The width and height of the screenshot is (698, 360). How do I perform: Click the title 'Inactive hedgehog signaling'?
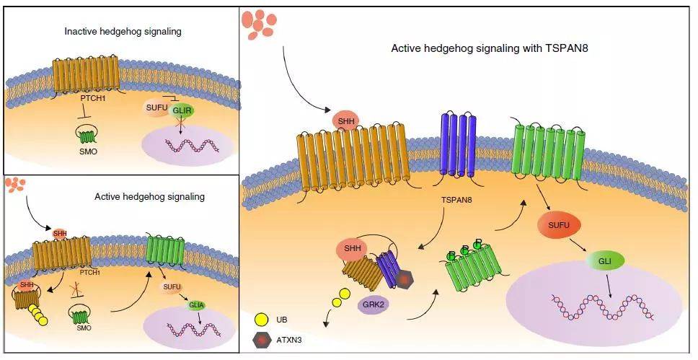coord(123,32)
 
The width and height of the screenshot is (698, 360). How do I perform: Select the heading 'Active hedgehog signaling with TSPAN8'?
coord(490,48)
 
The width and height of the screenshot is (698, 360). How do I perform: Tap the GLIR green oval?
coord(182,110)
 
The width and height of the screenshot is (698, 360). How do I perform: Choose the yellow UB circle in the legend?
coord(262,320)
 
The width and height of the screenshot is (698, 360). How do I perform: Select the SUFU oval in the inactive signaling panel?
coord(155,108)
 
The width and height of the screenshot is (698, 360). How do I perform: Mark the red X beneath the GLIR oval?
coord(180,123)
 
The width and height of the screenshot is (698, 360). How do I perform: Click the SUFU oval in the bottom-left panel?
coord(172,287)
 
